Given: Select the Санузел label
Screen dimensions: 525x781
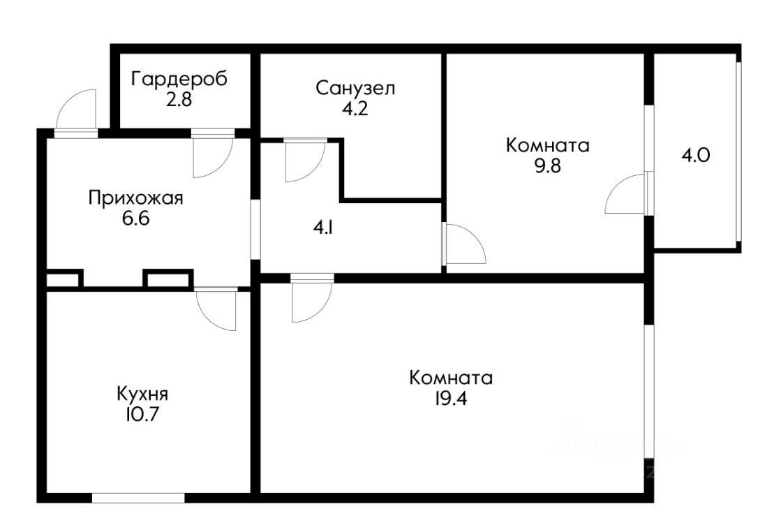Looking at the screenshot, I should [x=355, y=88].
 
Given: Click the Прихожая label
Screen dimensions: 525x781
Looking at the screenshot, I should [x=135, y=198].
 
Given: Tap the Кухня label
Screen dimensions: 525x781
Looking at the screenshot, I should [x=143, y=393].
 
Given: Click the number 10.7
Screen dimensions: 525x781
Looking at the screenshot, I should [x=142, y=413].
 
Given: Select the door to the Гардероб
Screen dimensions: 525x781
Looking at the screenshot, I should [x=211, y=155].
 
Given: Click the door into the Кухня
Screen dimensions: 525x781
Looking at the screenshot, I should [x=216, y=309].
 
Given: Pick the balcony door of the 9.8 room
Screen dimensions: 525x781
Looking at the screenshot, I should [x=626, y=193].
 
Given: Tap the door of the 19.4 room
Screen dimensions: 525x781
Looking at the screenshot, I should [x=311, y=300].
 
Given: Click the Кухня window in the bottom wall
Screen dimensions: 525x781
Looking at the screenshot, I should [x=138, y=498].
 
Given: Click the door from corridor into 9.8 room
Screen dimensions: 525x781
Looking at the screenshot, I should [x=464, y=244].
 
